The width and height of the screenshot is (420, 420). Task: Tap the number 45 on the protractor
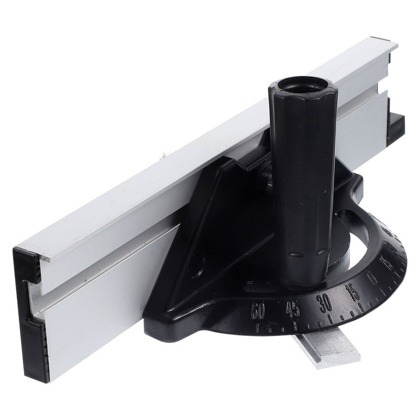pyautogui.click(x=292, y=310)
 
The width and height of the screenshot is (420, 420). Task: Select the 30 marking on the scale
pyautogui.click(x=325, y=302)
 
